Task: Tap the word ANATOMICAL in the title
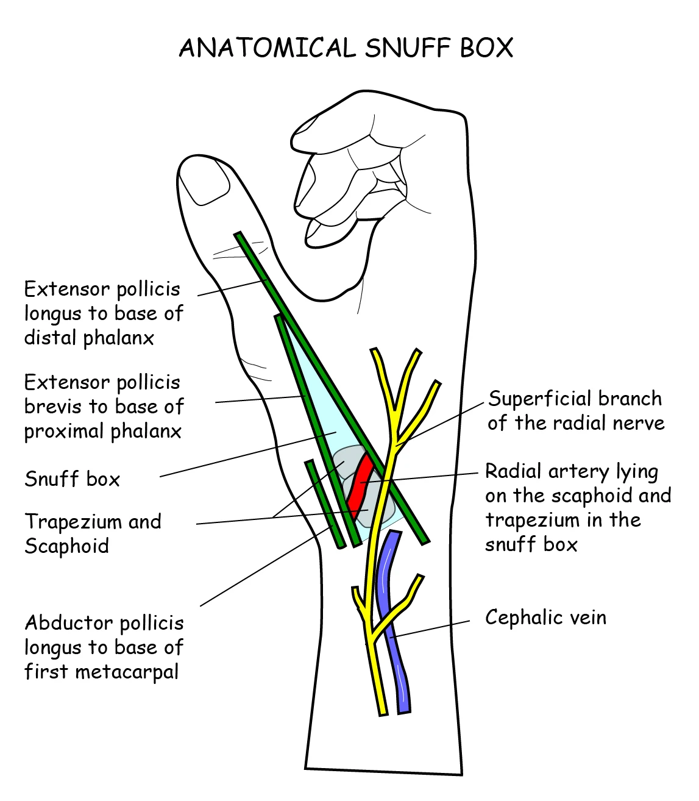coord(267,48)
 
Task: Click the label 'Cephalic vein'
coord(545,618)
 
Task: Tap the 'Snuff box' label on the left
coord(72,479)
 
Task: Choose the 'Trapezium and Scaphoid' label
coord(93,533)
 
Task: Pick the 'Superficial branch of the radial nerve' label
coord(575,410)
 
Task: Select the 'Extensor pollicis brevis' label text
coord(103,407)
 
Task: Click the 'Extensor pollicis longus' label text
coord(103,313)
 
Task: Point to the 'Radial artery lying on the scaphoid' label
coord(578,507)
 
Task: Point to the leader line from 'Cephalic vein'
coord(433,628)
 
